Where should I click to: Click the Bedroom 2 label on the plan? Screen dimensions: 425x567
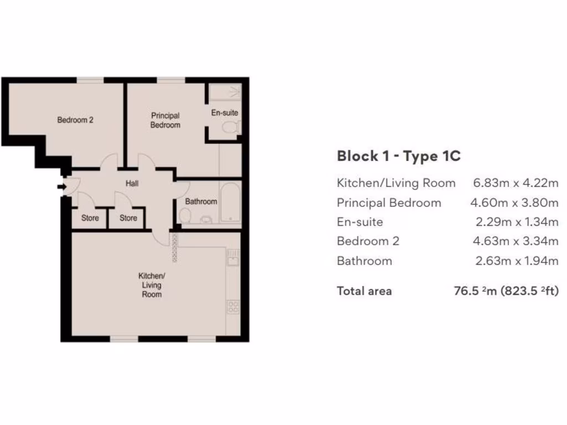[75, 120]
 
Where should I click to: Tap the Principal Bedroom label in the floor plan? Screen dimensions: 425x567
[166, 121]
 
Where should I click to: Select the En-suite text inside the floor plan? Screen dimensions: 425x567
[224, 113]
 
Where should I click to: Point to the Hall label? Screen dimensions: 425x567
[132, 184]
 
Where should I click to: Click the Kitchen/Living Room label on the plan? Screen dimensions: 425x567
[151, 285]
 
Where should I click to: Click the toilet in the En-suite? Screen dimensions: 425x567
[230, 128]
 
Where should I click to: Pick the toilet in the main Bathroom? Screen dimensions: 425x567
[185, 215]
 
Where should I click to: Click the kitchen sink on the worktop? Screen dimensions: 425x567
[233, 257]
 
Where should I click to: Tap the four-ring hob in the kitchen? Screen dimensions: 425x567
[233, 306]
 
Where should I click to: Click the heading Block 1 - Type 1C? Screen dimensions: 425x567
[399, 156]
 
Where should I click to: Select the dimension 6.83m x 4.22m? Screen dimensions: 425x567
[516, 183]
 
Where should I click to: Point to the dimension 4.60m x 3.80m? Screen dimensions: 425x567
[514, 203]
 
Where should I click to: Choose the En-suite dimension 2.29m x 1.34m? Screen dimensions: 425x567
[517, 222]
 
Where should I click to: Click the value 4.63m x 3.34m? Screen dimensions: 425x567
[514, 241]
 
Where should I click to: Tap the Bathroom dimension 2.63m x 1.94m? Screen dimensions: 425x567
[517, 261]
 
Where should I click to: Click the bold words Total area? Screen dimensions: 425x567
[364, 291]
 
